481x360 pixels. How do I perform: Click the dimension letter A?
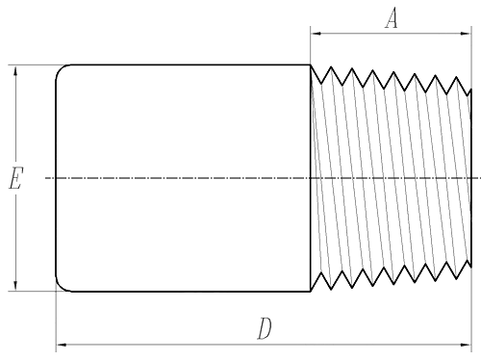coord(391,19)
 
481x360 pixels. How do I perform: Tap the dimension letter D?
coord(265,328)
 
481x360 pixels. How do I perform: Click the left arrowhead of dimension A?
coord(315,35)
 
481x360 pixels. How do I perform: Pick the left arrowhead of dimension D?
coord(61,342)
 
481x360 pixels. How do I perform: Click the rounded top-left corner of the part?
coord(60,69)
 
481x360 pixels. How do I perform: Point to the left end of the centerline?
coord(46,178)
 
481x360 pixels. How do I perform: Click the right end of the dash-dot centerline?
coord(477,178)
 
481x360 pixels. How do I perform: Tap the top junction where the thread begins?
coord(310,65)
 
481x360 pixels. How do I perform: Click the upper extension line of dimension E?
coord(34,64)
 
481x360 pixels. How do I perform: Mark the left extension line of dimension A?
coord(310,48)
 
